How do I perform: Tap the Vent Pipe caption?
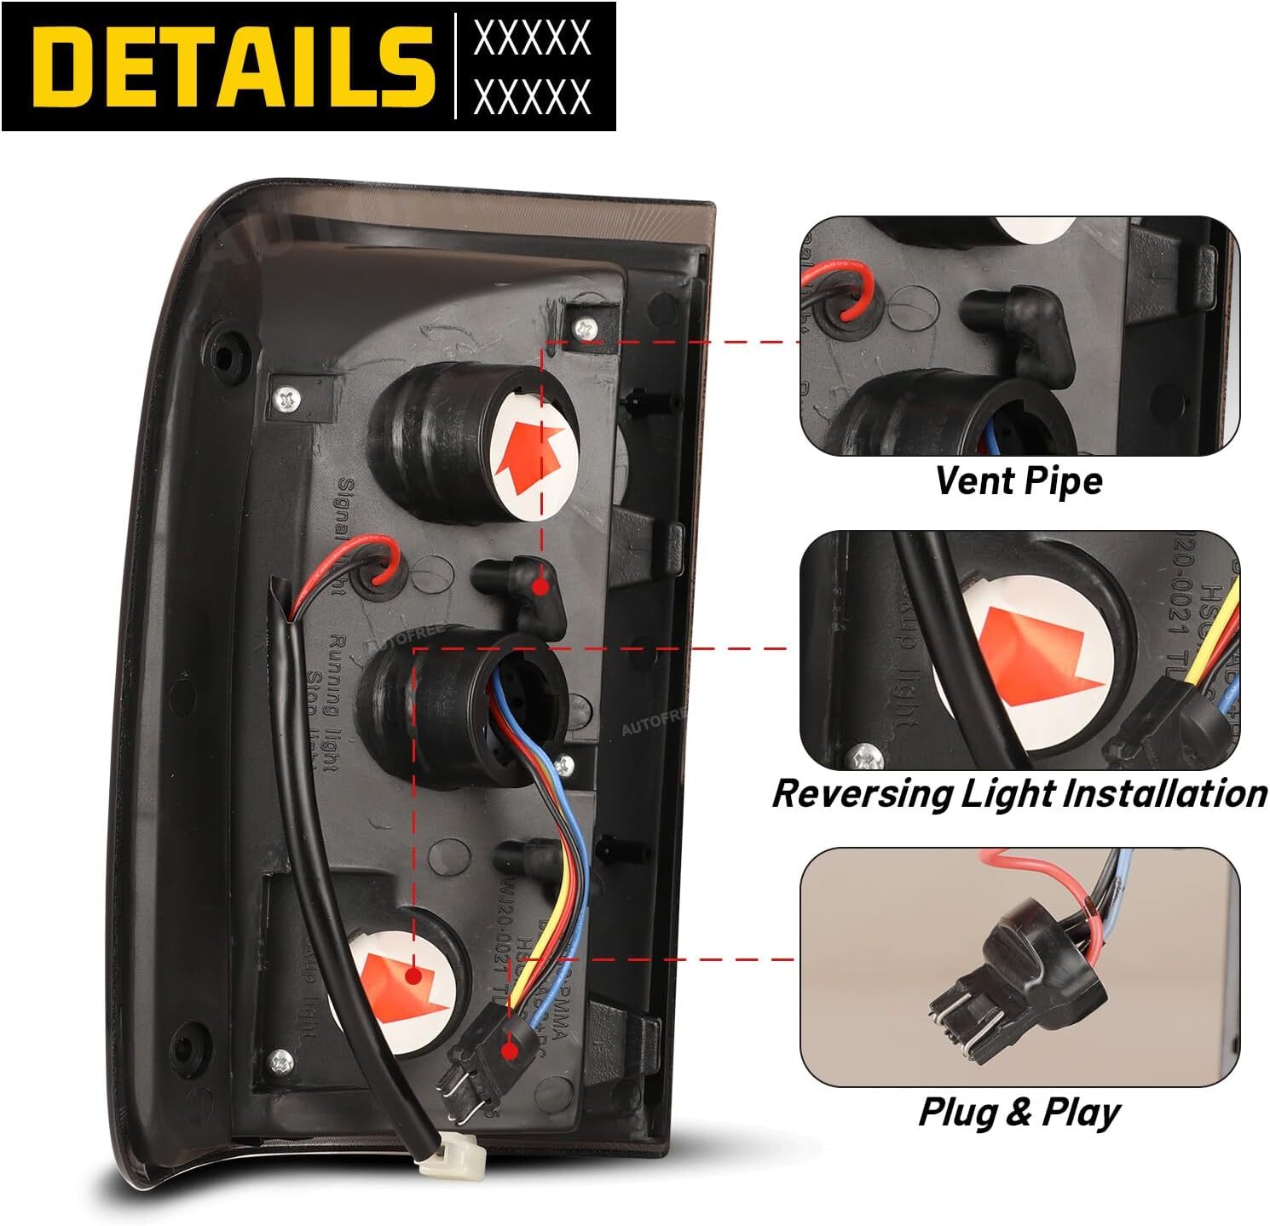click(x=1019, y=481)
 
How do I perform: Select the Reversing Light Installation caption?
click(x=1019, y=793)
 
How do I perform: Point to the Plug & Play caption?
click(x=1019, y=1112)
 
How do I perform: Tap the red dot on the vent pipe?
click(x=539, y=586)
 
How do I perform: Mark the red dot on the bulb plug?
click(x=510, y=1050)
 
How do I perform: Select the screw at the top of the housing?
click(x=585, y=325)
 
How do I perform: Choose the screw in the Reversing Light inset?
click(x=866, y=755)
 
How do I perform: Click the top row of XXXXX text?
click(x=532, y=37)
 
